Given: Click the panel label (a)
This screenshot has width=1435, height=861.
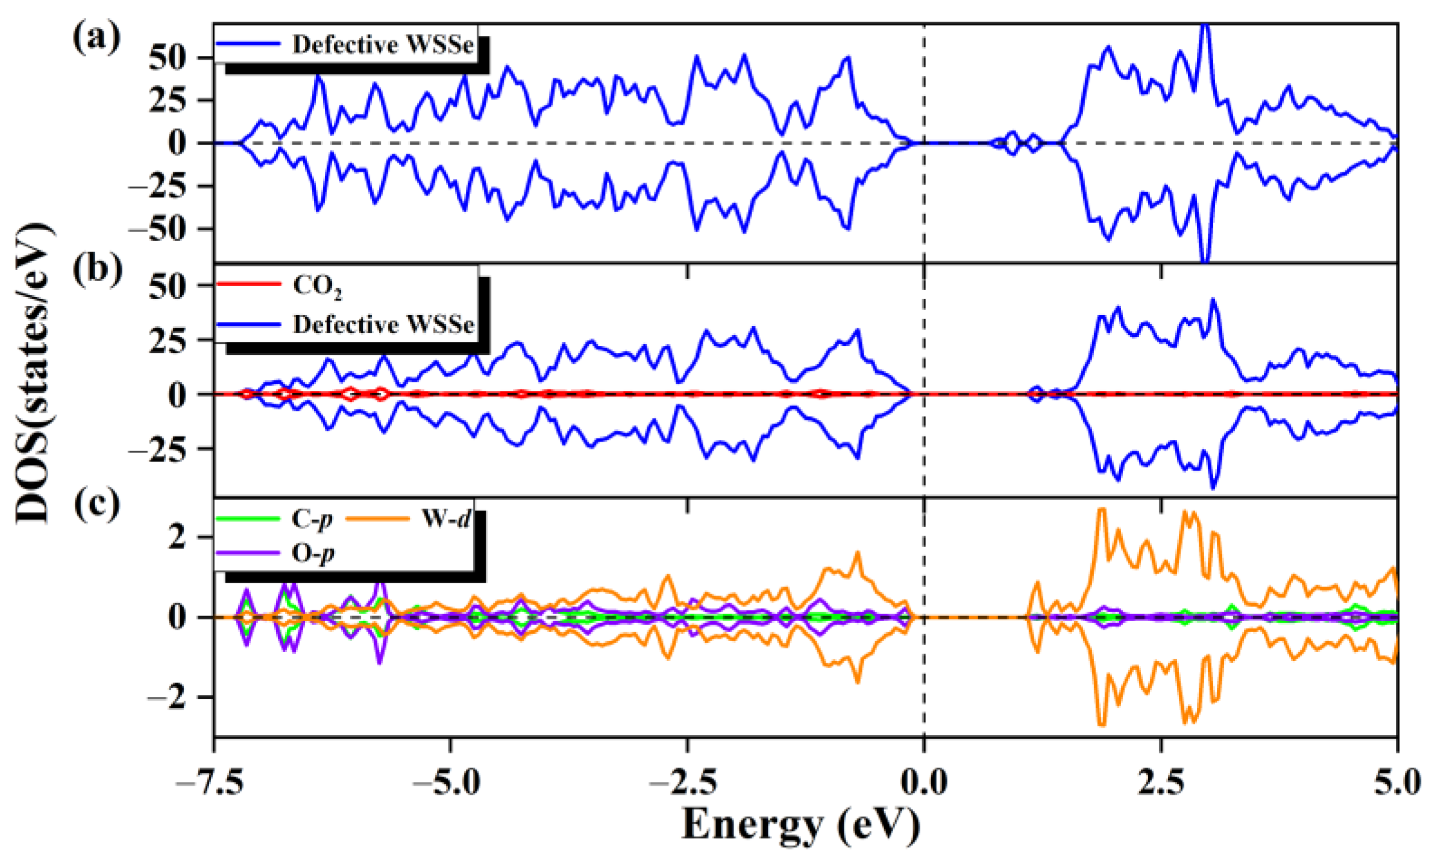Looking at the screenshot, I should [x=96, y=37].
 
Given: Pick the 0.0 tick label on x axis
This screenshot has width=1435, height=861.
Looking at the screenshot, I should [x=923, y=783].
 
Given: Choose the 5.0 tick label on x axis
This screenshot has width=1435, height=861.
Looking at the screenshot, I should [x=1397, y=783].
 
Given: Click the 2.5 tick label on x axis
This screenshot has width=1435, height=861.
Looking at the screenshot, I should [x=1160, y=783].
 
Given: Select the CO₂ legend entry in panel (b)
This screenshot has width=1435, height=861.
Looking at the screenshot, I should [x=317, y=285].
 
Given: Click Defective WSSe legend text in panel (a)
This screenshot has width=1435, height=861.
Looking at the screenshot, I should [x=383, y=45].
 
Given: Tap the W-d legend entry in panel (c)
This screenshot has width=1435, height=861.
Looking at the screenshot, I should [x=445, y=519].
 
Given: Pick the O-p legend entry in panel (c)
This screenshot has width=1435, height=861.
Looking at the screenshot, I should [x=312, y=553].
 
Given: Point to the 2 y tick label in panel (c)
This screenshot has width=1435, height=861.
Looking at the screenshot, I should [x=177, y=537].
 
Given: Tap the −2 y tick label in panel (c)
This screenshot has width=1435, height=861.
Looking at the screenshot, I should [x=168, y=698].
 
